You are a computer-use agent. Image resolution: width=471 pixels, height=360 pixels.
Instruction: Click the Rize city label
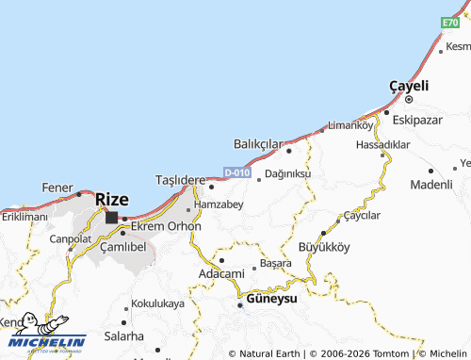coord(112,200)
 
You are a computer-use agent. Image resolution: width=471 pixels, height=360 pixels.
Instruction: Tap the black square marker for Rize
coord(112,218)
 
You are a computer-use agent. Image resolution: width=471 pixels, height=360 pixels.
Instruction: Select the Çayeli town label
coord(409,86)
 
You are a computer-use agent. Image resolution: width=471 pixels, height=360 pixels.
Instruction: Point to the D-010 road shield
coord(237,173)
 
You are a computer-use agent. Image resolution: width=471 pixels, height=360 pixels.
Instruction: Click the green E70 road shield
coord(449,22)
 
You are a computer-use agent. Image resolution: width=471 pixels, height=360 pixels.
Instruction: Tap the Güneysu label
coord(271,298)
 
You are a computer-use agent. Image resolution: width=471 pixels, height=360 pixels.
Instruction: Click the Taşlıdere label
coord(180,180)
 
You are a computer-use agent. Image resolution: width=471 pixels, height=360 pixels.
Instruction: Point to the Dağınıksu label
coord(288,174)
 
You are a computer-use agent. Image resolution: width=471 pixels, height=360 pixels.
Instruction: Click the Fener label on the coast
coord(57,188)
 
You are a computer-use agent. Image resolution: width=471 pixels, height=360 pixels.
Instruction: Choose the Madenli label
coord(431,184)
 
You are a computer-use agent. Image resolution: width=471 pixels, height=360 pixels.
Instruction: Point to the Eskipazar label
coord(417,121)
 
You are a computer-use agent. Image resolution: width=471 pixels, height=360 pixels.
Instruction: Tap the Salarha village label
coord(124,336)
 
